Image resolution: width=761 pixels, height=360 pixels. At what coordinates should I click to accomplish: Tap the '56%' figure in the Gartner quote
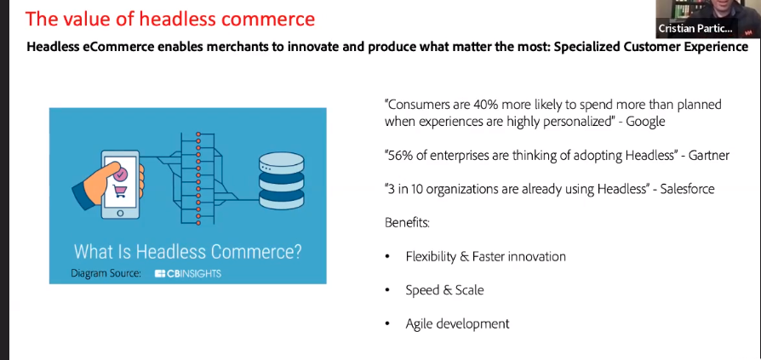[403, 155]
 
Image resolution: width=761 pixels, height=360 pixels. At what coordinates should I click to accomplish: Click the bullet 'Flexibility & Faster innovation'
[485, 256]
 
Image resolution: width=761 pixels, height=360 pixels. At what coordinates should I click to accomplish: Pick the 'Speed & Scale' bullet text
[444, 290]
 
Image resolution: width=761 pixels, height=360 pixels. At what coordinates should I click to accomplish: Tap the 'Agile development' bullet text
[457, 323]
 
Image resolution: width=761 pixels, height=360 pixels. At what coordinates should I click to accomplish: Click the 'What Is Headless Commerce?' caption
[187, 252]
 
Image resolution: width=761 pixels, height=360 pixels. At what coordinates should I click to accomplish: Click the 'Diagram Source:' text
[106, 273]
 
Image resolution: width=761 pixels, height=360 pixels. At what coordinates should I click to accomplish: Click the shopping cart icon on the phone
[120, 191]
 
